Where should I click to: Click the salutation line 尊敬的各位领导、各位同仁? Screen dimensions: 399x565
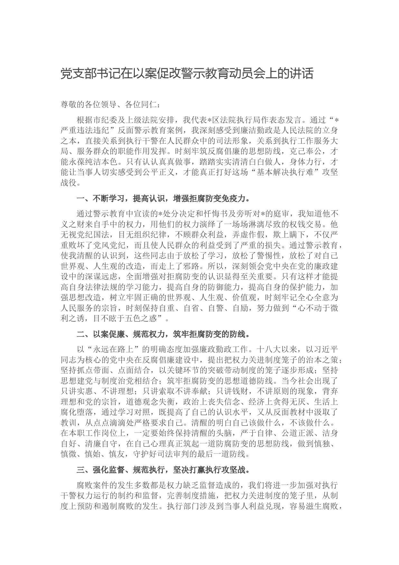coord(109,104)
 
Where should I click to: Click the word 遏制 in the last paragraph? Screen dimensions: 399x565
coord(122,506)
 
